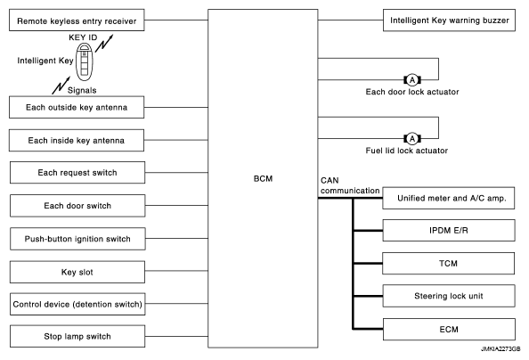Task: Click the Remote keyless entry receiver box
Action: click(77, 20)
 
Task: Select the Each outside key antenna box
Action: click(77, 108)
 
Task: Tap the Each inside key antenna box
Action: click(77, 140)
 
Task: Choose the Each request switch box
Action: click(77, 173)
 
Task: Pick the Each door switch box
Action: click(77, 206)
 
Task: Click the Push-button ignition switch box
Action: click(77, 239)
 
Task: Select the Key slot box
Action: click(77, 272)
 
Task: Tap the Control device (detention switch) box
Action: click(77, 304)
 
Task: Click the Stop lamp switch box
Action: click(77, 336)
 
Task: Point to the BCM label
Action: click(263, 178)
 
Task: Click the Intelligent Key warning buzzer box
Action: click(449, 20)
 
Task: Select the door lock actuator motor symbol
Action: click(412, 80)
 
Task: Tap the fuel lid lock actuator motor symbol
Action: click(412, 138)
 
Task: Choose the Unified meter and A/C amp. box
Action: click(449, 198)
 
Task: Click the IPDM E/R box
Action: click(449, 230)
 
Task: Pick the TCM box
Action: click(448, 263)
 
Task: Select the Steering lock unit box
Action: click(449, 296)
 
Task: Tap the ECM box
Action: click(449, 330)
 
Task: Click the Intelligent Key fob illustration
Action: click(84, 62)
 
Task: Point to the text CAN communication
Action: click(350, 185)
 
